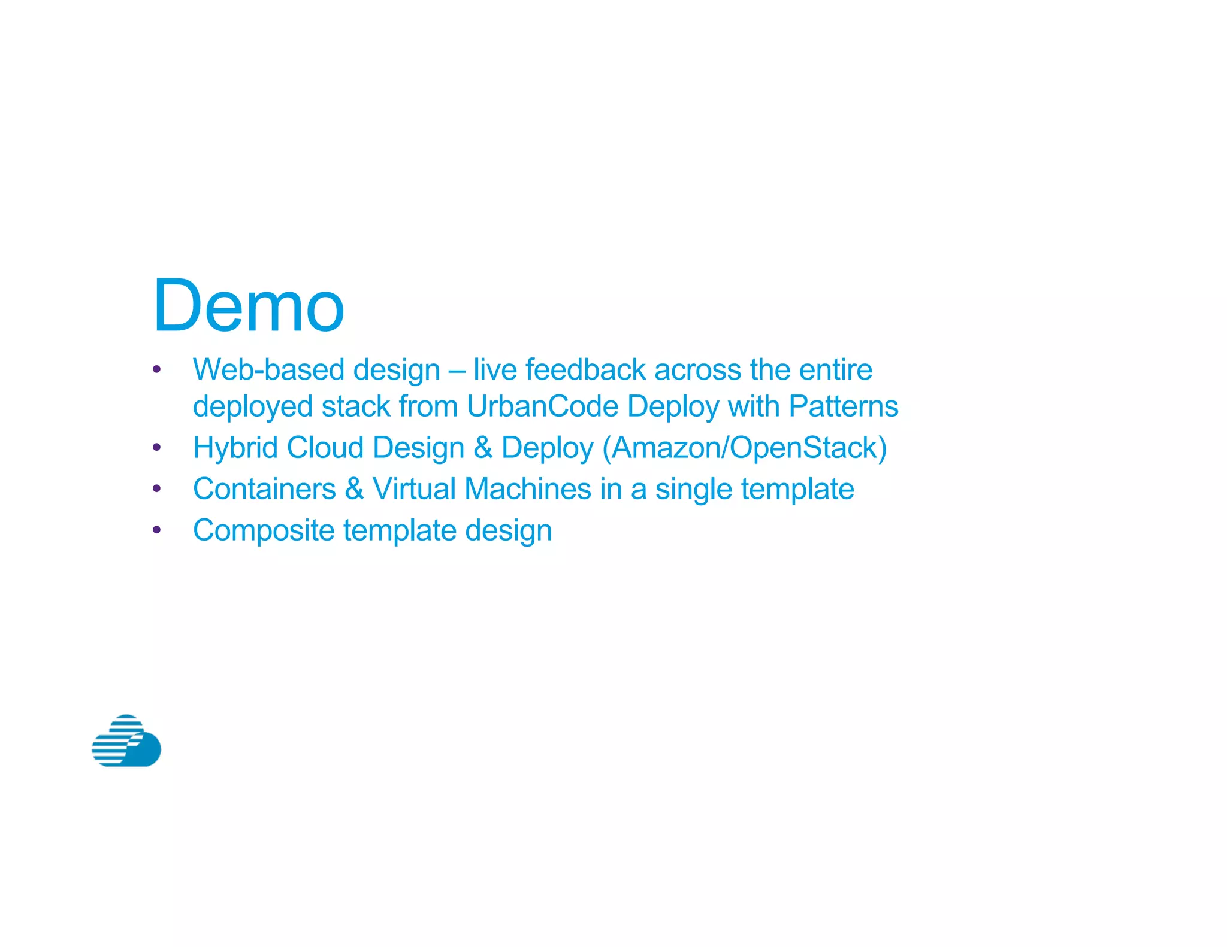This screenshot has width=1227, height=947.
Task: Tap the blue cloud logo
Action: coord(126,741)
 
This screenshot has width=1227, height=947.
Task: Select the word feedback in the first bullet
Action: coord(585,369)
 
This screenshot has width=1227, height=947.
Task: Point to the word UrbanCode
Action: coord(542,406)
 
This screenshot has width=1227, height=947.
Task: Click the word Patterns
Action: coord(843,406)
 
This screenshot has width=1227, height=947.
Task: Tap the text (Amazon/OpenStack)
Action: coord(744,448)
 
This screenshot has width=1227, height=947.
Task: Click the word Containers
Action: coord(264,489)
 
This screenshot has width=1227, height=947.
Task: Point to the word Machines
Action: coord(528,489)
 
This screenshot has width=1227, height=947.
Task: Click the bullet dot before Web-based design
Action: coord(157,369)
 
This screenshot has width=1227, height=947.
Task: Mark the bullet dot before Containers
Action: coord(157,489)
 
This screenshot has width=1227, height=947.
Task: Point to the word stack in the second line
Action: coord(356,406)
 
